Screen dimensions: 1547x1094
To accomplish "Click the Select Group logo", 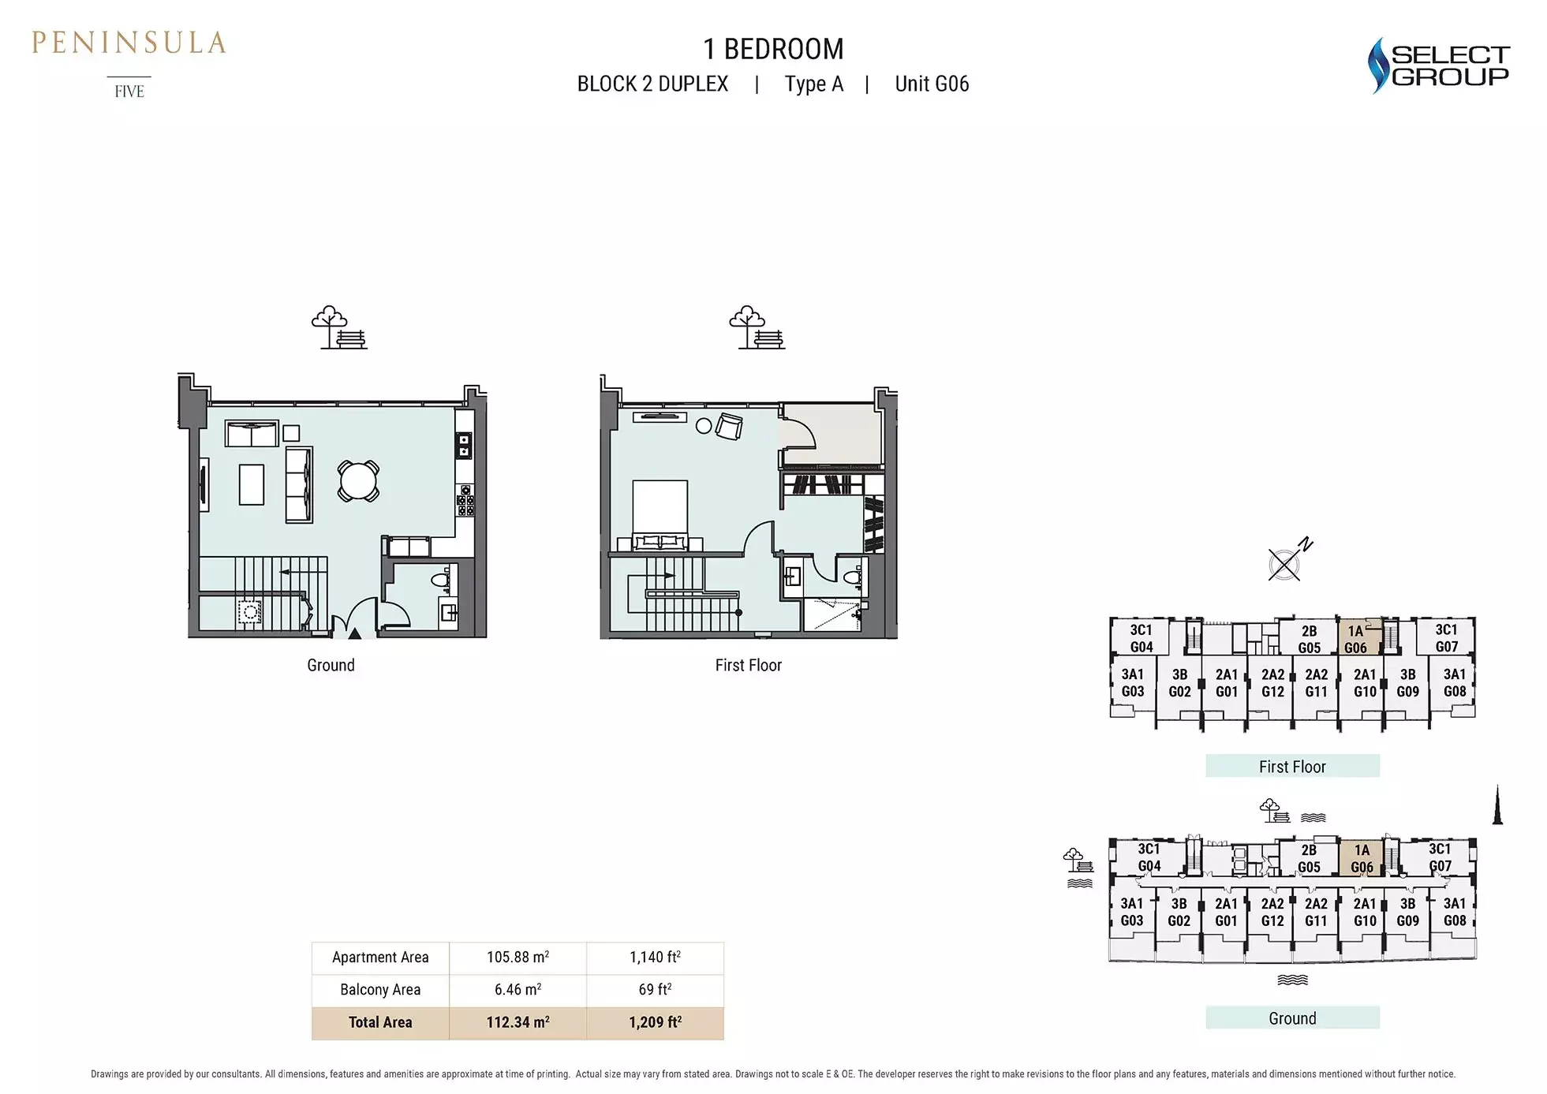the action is [x=1437, y=65].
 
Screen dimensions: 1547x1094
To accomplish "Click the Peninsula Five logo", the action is [x=129, y=63].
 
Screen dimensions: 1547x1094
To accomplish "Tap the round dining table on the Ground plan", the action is [x=358, y=480].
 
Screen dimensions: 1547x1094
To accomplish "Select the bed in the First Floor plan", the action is [x=659, y=515].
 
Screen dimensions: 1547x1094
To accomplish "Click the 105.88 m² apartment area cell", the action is [x=518, y=958].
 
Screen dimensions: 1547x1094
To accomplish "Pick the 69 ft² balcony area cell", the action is [x=655, y=989].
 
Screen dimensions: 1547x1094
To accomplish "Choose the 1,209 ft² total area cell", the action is [x=655, y=1022].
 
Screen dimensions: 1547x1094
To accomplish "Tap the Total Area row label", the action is [x=380, y=1022].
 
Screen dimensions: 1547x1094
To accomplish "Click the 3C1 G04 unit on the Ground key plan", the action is [x=1149, y=857].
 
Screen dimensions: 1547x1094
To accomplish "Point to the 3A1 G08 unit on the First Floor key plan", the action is [x=1454, y=683].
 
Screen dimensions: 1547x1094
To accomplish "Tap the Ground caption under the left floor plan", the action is [x=331, y=665].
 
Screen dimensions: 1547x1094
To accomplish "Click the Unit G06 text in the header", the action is [x=932, y=84].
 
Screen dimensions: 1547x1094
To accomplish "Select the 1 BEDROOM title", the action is [x=773, y=49].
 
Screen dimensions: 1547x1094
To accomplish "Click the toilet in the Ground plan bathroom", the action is [x=440, y=581].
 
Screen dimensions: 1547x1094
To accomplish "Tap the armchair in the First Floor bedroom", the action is [x=729, y=426].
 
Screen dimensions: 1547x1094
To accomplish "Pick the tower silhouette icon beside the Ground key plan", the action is [x=1497, y=805].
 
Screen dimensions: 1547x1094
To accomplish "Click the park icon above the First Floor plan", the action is [x=756, y=327].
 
